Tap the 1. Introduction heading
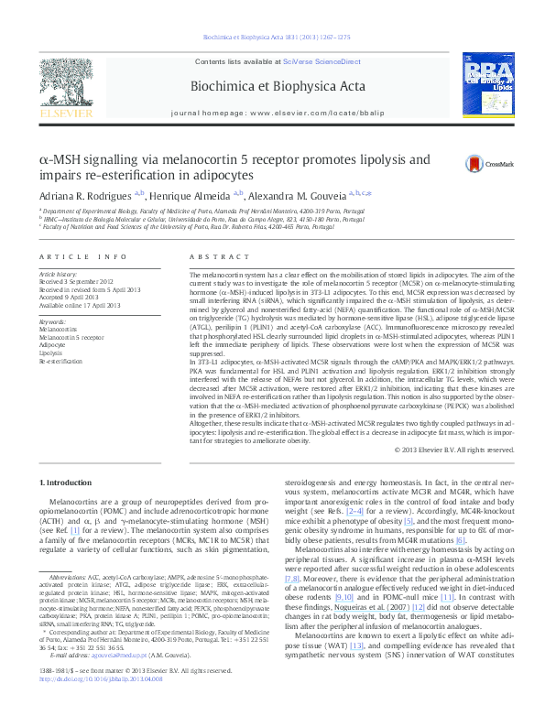click(x=66, y=482)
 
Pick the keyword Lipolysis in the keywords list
click(x=50, y=352)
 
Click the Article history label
click(x=57, y=274)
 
